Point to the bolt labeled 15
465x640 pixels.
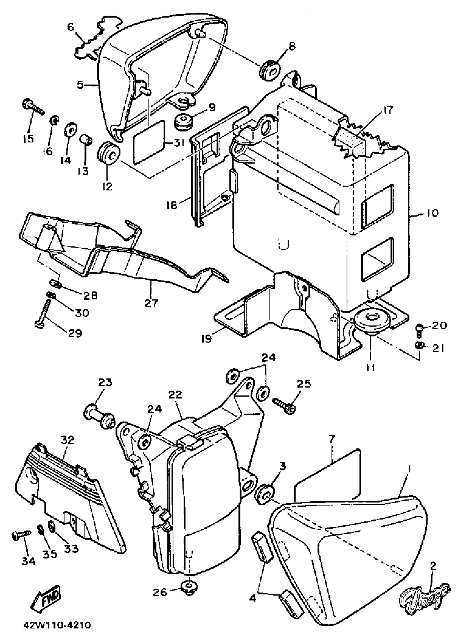(x=33, y=107)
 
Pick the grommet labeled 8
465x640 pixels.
(x=270, y=69)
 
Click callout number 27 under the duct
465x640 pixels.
(x=152, y=303)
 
